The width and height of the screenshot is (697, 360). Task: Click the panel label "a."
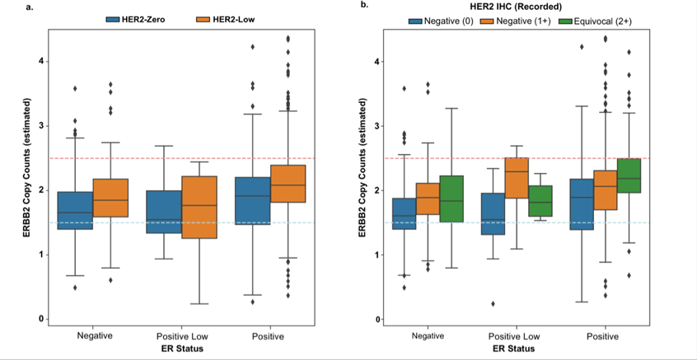coord(8,7)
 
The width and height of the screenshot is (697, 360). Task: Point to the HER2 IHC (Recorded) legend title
coord(529,8)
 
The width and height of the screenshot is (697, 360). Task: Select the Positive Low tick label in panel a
coord(182,336)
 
